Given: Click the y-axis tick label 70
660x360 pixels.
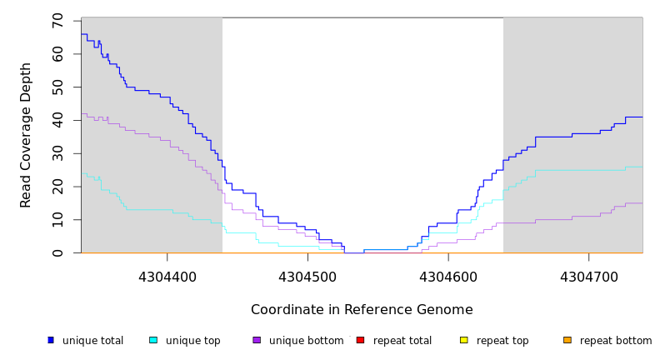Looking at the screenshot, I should pyautogui.click(x=57, y=21).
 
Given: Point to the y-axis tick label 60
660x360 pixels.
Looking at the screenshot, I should pyautogui.click(x=57, y=54).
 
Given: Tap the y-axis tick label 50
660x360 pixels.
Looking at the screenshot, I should pyautogui.click(x=57, y=87).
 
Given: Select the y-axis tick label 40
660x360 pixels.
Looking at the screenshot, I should pyautogui.click(x=57, y=120).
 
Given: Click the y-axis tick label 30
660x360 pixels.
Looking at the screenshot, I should pyautogui.click(x=57, y=153).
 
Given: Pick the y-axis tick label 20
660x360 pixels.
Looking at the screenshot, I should pyautogui.click(x=57, y=187).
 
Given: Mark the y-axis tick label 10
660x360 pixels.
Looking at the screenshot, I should pyautogui.click(x=57, y=220).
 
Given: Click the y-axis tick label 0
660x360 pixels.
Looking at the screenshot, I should pyautogui.click(x=57, y=252).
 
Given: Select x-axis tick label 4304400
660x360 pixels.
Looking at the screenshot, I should pyautogui.click(x=167, y=276).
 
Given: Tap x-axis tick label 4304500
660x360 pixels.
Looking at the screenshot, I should pyautogui.click(x=307, y=276).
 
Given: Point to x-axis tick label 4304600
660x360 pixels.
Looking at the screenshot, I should pyautogui.click(x=448, y=276).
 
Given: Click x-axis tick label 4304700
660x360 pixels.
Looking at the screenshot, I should pyautogui.click(x=588, y=276).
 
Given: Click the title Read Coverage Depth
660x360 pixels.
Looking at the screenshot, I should pyautogui.click(x=27, y=135).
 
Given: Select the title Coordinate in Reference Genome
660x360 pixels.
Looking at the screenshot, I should pyautogui.click(x=362, y=310).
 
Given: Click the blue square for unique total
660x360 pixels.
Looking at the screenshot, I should pyautogui.click(x=51, y=340).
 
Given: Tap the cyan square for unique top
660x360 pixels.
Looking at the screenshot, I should pyautogui.click(x=153, y=340).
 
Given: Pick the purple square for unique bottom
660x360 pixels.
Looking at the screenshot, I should pyautogui.click(x=257, y=340).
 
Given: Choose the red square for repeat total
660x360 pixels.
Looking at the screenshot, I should pyautogui.click(x=360, y=340).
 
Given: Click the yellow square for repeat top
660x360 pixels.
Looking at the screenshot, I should pyautogui.click(x=463, y=340).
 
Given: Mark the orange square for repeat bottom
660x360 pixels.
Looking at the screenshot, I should pyautogui.click(x=567, y=340).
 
